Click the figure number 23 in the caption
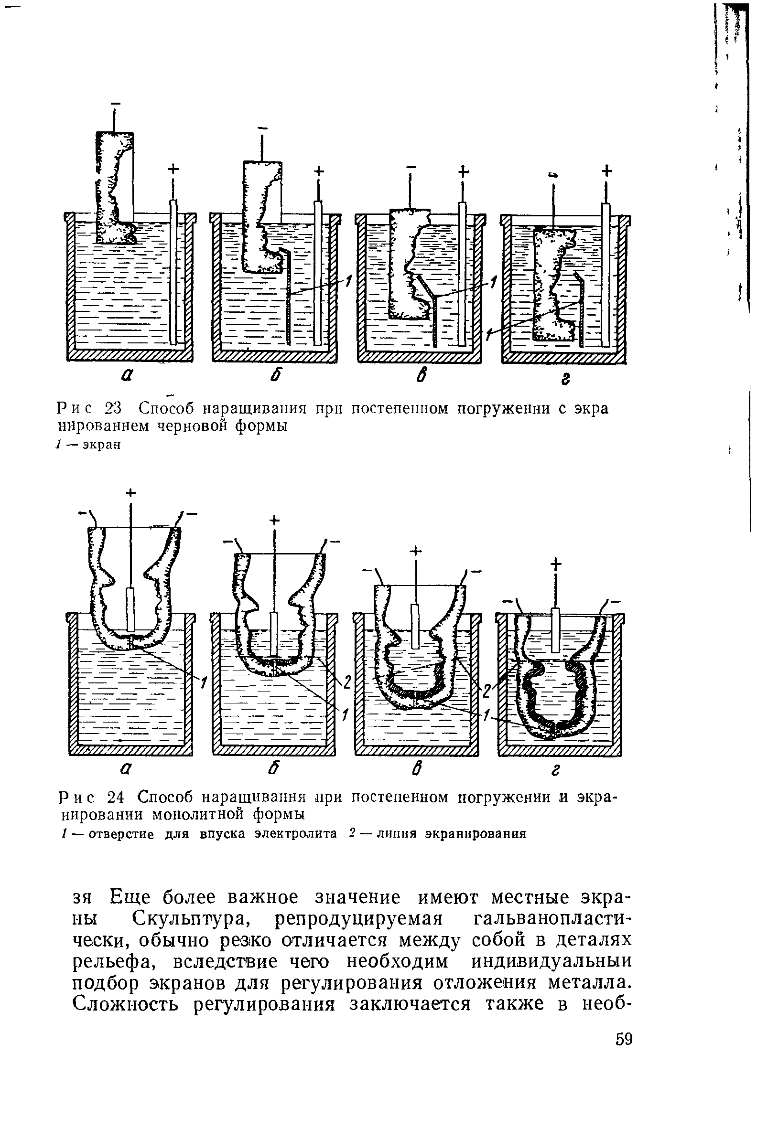point(117,408)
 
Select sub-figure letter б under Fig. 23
point(276,377)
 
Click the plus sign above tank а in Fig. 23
point(173,169)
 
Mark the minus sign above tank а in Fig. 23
point(115,103)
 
